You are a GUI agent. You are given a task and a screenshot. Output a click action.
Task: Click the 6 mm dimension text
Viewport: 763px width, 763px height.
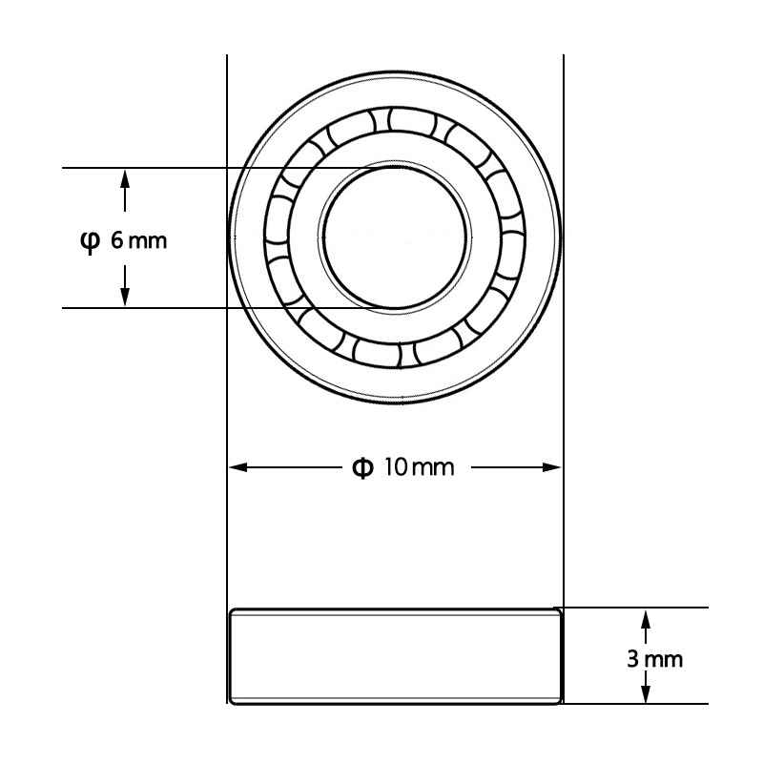(137, 240)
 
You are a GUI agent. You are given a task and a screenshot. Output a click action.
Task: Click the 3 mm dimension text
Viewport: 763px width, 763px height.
(654, 659)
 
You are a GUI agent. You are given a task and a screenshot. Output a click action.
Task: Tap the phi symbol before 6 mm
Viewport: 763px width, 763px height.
(88, 240)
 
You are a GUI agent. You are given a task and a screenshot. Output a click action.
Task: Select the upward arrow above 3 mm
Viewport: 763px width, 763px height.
(647, 620)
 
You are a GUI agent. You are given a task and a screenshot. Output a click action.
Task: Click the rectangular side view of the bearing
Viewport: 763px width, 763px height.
(395, 656)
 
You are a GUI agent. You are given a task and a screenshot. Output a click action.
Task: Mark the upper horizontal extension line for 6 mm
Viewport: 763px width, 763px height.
(191, 168)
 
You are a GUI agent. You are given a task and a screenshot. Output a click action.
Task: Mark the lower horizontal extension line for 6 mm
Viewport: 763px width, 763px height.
(191, 307)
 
